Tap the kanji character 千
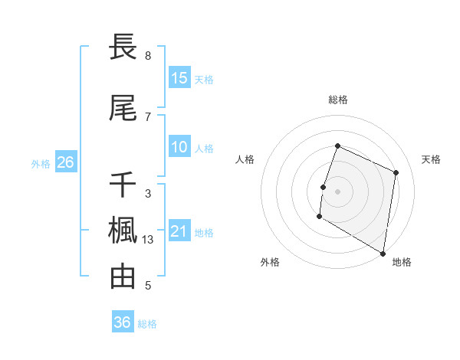123,185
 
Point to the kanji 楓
123,231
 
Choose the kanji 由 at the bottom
123,277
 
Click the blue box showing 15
179,78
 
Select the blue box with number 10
179,147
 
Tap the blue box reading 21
179,231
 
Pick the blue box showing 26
65,162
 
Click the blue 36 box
123,322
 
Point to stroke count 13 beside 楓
149,240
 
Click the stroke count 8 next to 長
147,56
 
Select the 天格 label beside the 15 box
204,80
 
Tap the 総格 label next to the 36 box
147,324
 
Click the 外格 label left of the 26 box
41,163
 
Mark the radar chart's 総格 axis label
337,100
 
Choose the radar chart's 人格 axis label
245,159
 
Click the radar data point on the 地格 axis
382,253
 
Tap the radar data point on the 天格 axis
396,172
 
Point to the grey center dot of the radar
337,191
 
